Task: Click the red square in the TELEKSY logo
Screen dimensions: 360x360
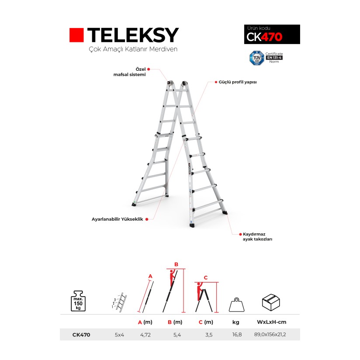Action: point(76,35)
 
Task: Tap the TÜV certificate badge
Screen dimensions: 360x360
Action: point(256,57)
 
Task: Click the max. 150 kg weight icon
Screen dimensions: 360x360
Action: point(79,300)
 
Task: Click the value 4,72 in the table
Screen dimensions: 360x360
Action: point(145,335)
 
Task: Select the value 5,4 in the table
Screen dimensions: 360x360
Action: point(176,335)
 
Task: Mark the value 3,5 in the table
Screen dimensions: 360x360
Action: point(209,335)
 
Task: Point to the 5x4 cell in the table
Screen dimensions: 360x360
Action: point(119,335)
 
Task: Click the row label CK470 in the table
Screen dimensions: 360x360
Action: point(81,335)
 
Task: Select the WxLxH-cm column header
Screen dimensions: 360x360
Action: point(272,322)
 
